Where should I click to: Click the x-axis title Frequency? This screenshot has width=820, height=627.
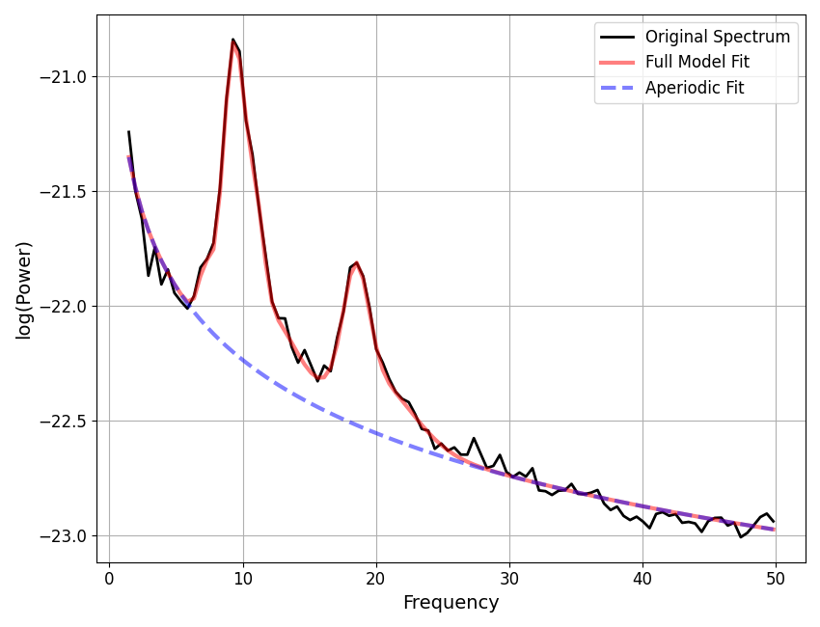tap(451, 603)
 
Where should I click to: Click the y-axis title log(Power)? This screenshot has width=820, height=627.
tap(24, 289)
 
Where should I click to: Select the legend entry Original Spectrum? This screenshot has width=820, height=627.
tap(717, 38)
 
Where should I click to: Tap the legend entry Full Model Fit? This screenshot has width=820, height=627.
tap(697, 63)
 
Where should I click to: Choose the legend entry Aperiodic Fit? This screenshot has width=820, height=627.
tap(695, 89)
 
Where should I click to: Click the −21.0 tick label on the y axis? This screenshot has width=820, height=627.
tap(63, 77)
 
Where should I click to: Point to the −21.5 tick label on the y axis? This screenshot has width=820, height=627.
tap(63, 192)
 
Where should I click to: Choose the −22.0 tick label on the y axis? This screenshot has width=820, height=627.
tap(63, 307)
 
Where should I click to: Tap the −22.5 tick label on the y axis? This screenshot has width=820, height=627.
tap(63, 422)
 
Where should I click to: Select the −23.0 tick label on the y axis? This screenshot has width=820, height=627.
tap(63, 536)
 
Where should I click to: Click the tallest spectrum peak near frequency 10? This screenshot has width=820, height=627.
tap(233, 40)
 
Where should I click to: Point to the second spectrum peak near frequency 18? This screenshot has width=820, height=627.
tap(356, 262)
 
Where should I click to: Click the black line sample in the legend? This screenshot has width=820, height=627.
tap(617, 38)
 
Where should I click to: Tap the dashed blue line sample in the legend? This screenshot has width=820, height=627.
tap(617, 89)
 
